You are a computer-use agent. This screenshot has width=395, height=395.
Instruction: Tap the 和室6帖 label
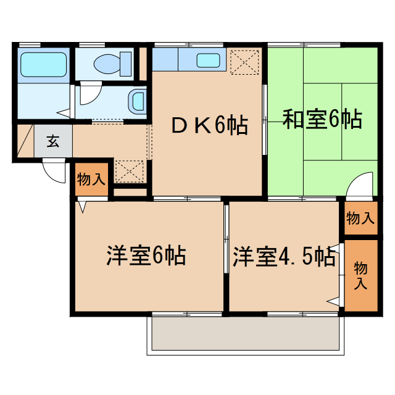(x=322, y=120)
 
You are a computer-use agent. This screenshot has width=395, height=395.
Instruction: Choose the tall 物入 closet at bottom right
(x=360, y=275)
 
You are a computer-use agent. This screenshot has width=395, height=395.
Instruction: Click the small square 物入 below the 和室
(x=360, y=218)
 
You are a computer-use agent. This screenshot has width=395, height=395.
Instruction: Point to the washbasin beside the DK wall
(x=138, y=99)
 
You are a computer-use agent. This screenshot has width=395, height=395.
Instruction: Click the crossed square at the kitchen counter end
(x=244, y=61)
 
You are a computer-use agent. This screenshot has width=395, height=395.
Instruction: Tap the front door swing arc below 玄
(x=54, y=172)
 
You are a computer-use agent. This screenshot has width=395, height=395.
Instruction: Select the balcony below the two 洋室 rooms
(x=244, y=336)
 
